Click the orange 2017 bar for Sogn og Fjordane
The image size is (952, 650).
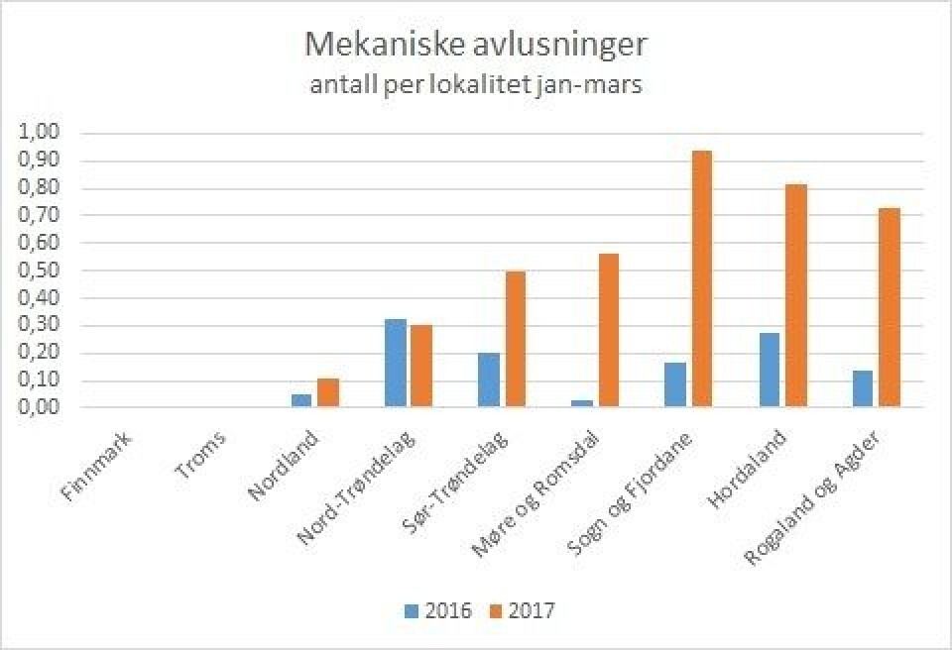click(x=700, y=278)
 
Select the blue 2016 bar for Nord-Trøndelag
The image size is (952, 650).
click(x=395, y=363)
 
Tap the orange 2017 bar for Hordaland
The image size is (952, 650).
click(x=793, y=295)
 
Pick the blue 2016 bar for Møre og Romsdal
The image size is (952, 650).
click(x=582, y=402)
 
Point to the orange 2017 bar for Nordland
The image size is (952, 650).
click(x=327, y=392)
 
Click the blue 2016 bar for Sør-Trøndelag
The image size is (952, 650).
click(x=488, y=379)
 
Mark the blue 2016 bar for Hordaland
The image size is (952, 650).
click(x=770, y=370)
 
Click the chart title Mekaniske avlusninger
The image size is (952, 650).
click(x=476, y=47)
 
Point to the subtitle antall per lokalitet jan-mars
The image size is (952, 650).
click(x=476, y=86)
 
